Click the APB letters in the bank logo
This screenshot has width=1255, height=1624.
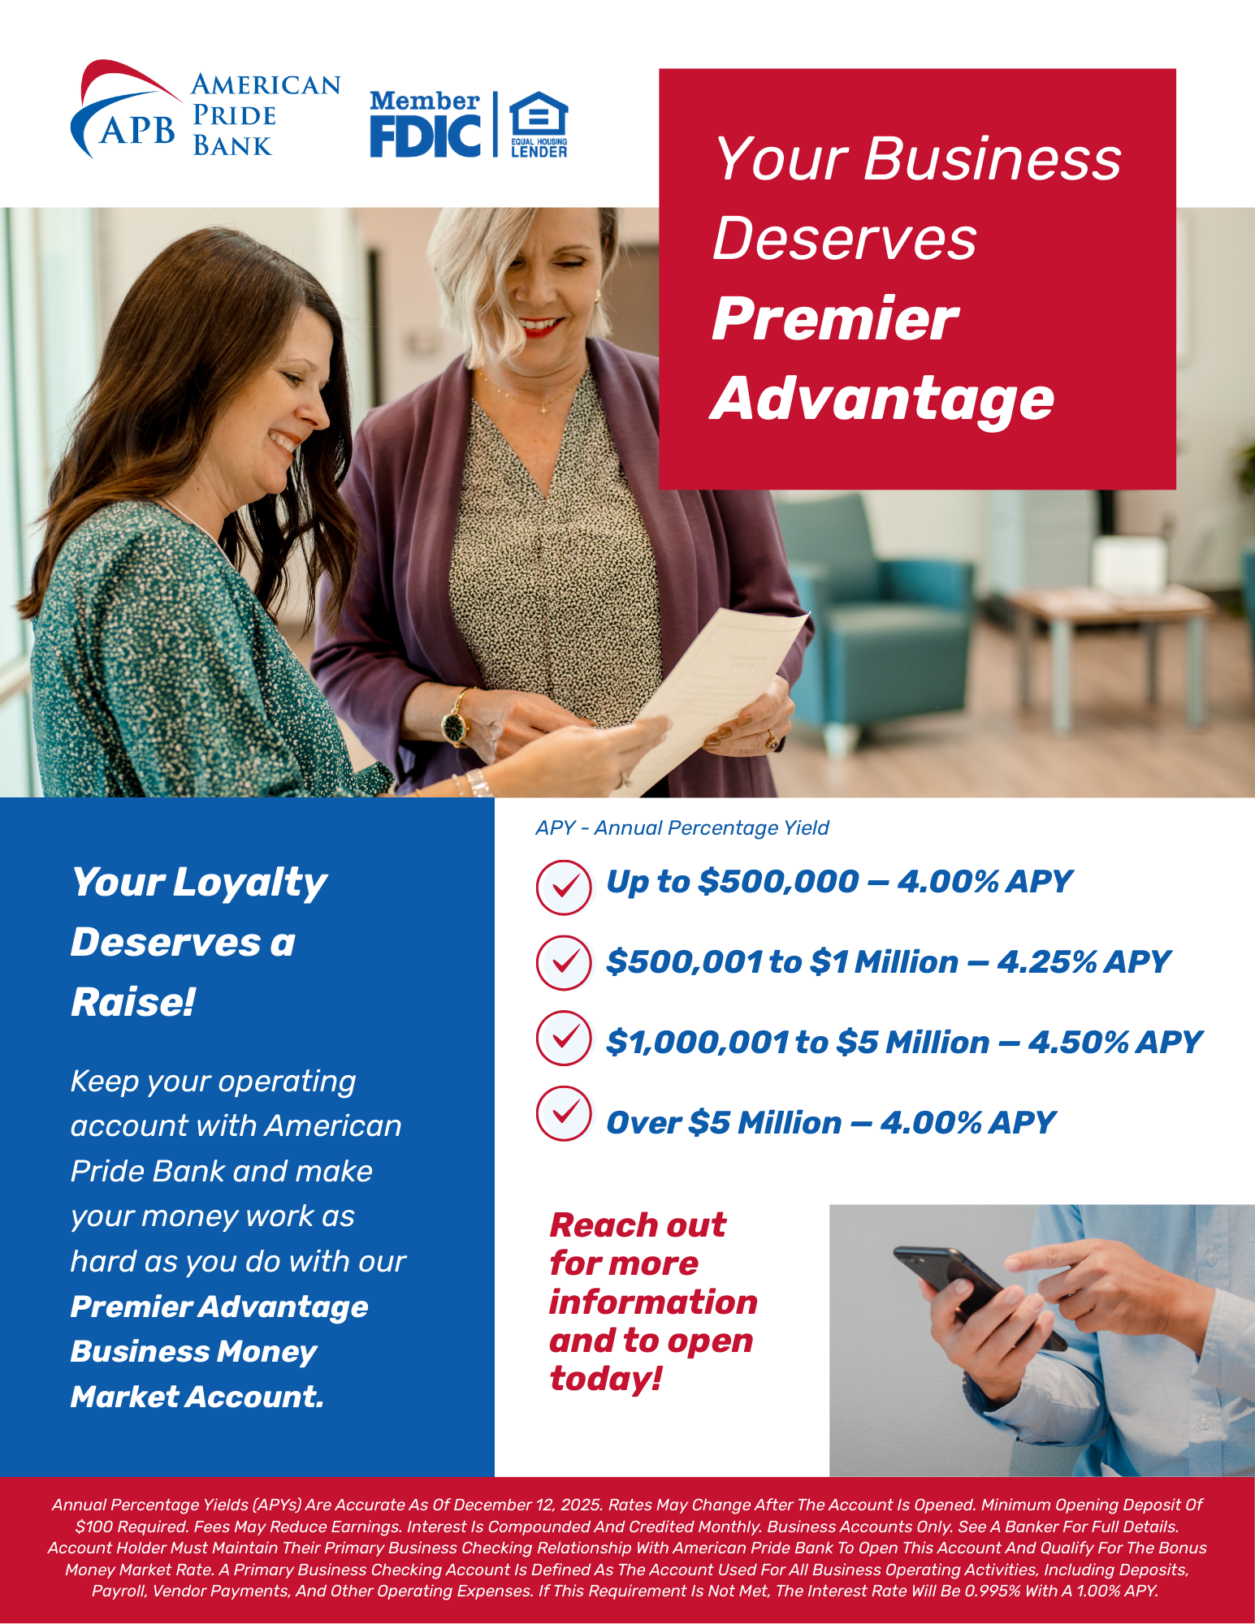(136, 130)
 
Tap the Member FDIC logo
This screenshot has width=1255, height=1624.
(425, 123)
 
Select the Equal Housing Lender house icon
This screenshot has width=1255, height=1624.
(539, 115)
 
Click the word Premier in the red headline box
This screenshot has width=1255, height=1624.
(835, 320)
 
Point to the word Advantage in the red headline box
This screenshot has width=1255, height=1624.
(882, 399)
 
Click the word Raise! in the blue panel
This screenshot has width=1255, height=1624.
(133, 1002)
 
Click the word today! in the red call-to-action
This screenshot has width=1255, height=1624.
(606, 1379)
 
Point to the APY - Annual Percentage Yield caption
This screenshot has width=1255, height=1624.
(682, 828)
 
